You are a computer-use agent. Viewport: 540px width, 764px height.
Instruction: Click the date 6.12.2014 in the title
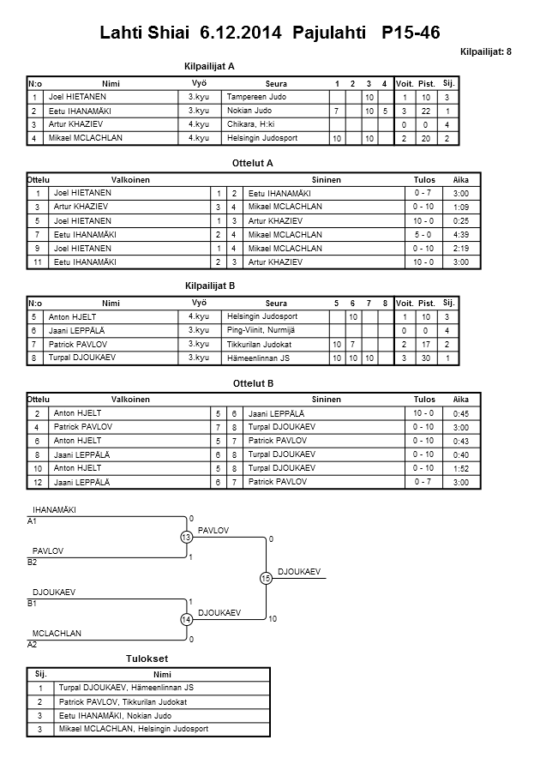(x=242, y=33)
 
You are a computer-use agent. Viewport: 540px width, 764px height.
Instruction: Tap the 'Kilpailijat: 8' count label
(x=485, y=52)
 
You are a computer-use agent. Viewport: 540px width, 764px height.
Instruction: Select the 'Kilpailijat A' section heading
(x=209, y=66)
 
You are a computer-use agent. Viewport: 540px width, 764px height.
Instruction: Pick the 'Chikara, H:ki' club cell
(x=249, y=124)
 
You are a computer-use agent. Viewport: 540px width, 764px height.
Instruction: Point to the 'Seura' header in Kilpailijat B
(x=276, y=303)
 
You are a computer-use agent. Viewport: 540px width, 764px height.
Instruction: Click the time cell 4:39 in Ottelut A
(x=461, y=234)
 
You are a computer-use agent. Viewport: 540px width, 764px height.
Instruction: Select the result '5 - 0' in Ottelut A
(x=423, y=234)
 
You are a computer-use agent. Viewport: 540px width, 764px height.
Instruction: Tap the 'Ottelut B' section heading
(x=254, y=382)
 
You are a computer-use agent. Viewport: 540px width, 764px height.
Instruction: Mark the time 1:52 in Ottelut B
(x=461, y=468)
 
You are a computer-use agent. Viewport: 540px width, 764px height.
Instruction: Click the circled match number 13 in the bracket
(x=186, y=537)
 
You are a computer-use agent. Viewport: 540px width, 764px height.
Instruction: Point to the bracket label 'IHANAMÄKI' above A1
(x=54, y=510)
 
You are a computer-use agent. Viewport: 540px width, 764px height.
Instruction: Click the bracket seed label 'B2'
(x=33, y=562)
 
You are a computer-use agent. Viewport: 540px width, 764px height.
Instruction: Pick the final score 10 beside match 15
(x=273, y=618)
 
